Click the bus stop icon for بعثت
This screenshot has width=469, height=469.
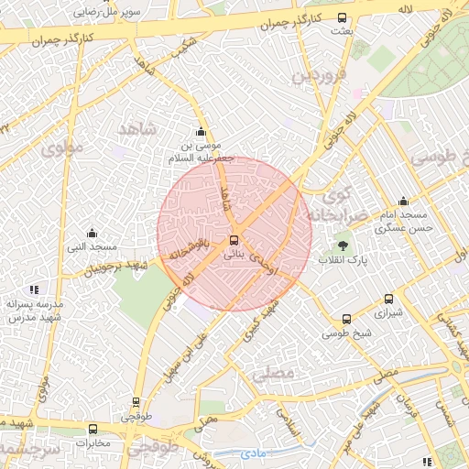tap(343, 17)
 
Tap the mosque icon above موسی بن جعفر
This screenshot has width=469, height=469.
tap(202, 132)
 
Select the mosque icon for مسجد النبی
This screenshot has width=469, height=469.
tap(92, 234)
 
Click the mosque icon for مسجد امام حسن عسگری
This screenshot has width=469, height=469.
tap(403, 202)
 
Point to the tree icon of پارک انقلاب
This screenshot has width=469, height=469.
tap(343, 245)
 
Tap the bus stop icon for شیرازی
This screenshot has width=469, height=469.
tap(389, 299)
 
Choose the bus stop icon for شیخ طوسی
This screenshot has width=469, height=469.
tap(346, 320)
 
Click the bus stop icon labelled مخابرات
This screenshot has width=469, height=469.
tap(93, 429)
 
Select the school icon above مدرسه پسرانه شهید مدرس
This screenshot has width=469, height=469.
tap(34, 289)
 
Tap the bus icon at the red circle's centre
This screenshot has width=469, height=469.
tap(234, 239)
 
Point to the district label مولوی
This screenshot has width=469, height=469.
tap(64, 146)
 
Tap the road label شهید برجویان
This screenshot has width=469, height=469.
tap(117, 267)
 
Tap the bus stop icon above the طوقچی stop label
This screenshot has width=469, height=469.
tap(136, 401)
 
